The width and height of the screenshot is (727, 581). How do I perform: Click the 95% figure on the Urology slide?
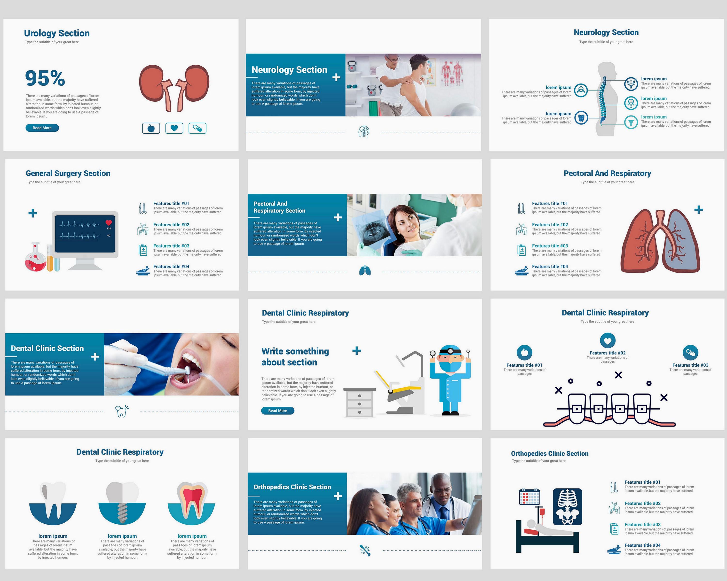(x=45, y=78)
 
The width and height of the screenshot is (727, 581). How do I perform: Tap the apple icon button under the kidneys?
(x=151, y=128)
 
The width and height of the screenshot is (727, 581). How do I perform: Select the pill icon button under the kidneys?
(x=197, y=128)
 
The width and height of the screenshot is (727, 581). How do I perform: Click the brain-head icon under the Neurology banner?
(x=363, y=132)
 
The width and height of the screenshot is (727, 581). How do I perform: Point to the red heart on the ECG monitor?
(x=109, y=223)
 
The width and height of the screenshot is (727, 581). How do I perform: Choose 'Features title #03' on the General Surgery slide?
(x=171, y=246)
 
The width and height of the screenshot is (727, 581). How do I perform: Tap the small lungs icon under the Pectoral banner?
(x=365, y=270)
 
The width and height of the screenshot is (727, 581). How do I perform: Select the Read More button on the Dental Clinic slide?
(x=277, y=411)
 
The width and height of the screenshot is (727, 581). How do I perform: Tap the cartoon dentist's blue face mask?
(x=450, y=366)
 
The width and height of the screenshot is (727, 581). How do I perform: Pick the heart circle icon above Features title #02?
(x=608, y=341)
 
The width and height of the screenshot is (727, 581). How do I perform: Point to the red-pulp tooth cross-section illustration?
(x=191, y=502)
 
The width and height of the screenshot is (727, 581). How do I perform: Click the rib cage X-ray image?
(x=568, y=506)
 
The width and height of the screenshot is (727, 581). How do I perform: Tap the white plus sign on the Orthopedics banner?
(x=338, y=496)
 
